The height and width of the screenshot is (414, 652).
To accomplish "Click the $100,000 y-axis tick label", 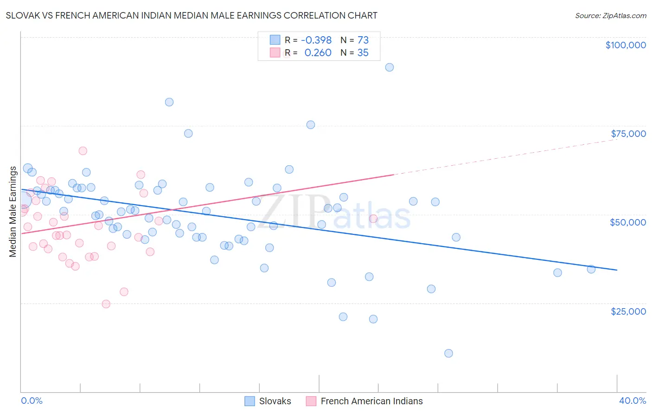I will point(625,45).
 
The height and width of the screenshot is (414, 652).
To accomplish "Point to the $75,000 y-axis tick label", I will point(628,134).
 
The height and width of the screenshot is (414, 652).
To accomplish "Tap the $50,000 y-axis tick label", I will point(627,222).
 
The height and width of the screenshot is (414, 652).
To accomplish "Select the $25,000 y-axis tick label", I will point(628,311).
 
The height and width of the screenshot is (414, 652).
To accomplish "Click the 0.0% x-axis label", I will point(32,401).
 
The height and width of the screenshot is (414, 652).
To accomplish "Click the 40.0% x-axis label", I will point(632,401).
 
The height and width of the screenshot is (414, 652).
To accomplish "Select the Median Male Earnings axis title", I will point(13,212).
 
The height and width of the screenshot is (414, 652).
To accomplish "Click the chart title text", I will point(192,15).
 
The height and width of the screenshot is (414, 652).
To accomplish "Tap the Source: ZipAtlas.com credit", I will point(610,15).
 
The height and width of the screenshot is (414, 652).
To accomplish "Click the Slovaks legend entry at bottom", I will point(268,401).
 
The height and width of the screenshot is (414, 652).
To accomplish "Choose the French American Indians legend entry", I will point(364,401).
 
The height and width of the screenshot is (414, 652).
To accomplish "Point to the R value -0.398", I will point(316,40).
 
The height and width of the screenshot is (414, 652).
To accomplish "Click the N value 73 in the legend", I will point(363,40).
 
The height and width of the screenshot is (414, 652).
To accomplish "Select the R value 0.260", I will point(318,53).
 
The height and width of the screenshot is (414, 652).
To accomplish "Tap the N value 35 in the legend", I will point(363,53).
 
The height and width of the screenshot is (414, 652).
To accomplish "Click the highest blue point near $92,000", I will point(390,67).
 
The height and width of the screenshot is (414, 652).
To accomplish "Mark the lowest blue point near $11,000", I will point(448,353).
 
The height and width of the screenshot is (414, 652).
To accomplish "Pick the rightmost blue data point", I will point(591,269).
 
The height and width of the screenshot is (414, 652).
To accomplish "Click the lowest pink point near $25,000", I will point(106,304).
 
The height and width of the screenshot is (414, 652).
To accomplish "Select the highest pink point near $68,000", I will point(83,151).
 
